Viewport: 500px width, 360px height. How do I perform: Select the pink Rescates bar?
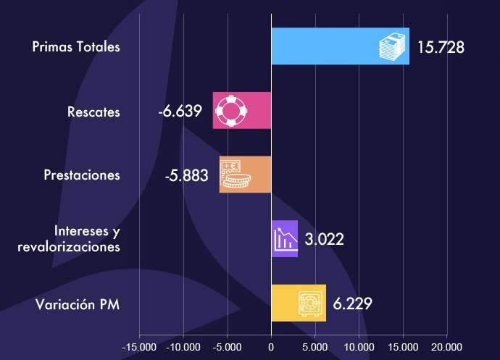tap(242, 111)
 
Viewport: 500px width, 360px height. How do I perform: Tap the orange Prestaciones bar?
tap(245, 175)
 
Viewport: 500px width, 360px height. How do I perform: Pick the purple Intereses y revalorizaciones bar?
tap(284, 238)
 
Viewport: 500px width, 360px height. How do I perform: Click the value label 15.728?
tap(440, 48)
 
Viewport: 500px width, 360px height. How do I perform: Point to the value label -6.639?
tap(181, 112)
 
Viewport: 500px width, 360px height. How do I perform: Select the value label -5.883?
tap(186, 176)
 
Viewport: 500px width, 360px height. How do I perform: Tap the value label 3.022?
tap(324, 240)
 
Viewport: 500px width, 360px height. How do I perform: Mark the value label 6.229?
tap(353, 304)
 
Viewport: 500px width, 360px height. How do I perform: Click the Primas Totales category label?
tap(76, 48)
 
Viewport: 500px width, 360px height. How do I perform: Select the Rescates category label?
tap(93, 112)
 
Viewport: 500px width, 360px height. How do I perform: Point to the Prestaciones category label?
tap(81, 176)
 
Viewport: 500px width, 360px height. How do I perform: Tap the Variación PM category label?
tap(78, 304)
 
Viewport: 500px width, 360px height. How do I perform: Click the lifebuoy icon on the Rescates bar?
tap(232, 111)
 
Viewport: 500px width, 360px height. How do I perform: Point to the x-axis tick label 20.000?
tap(446, 347)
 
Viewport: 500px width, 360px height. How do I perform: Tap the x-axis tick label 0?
tap(271, 347)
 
